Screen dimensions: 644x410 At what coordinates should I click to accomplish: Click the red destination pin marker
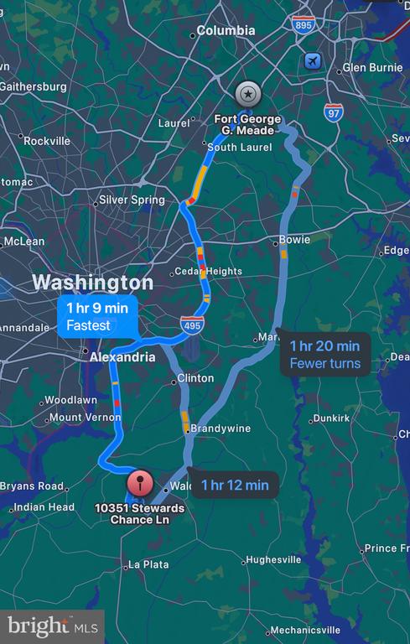(x=139, y=484)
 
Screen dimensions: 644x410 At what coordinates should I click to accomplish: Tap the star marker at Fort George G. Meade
(x=247, y=93)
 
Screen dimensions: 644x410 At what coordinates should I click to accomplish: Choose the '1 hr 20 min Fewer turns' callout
(x=324, y=354)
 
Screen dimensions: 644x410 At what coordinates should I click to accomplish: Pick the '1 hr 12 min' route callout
(x=234, y=484)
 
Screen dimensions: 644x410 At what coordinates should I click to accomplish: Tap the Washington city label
(x=93, y=282)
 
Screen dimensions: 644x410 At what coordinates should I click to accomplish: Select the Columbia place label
(x=226, y=31)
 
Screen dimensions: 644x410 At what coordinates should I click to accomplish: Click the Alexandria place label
(x=122, y=357)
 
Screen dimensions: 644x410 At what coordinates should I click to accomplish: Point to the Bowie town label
(x=294, y=240)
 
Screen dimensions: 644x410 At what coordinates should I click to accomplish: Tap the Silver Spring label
(x=132, y=200)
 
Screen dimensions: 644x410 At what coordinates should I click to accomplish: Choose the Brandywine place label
(x=221, y=428)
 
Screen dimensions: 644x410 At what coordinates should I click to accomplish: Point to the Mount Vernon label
(x=85, y=417)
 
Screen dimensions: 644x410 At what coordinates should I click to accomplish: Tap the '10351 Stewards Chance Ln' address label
(x=139, y=513)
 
